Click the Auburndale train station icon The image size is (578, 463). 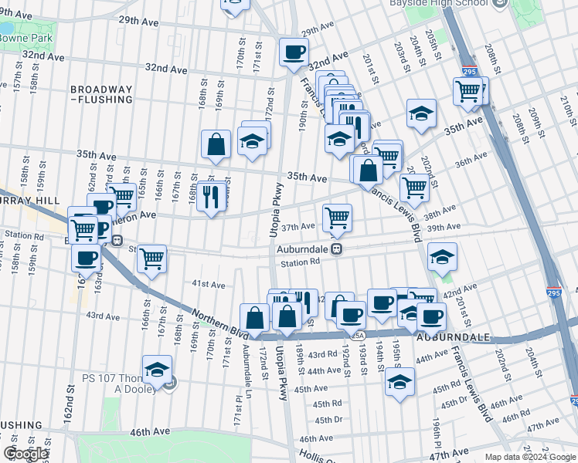point(337,249)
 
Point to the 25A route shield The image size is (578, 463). point(357,336)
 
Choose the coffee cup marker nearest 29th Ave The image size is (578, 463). point(293,52)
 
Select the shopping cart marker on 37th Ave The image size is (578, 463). point(337,218)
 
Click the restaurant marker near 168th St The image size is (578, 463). point(210,198)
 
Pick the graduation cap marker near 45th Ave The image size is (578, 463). point(399,382)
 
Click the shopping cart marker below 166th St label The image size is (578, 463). point(152,259)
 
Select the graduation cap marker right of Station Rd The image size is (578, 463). point(442,258)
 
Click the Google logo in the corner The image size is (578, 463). point(25,455)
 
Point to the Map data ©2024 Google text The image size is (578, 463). point(529,457)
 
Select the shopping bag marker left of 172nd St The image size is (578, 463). point(254,318)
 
